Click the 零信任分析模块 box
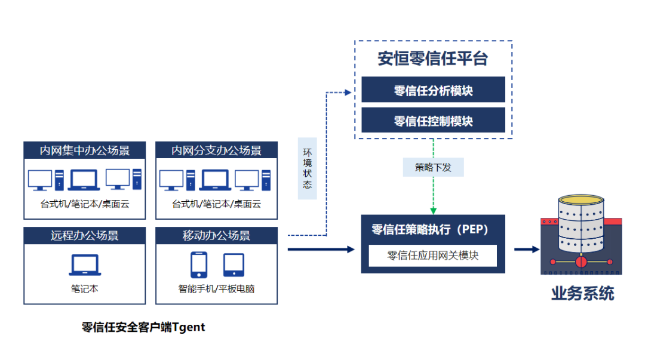[433, 90]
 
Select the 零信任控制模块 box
[433, 121]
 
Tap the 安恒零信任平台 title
[433, 59]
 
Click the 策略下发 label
[433, 167]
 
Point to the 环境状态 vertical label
[307, 168]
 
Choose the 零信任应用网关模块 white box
[433, 256]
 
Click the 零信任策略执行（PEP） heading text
[430, 230]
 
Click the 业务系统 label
[582, 293]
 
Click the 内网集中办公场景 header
[84, 150]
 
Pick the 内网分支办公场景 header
[216, 150]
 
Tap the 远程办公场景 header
[84, 235]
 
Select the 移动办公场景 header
[216, 235]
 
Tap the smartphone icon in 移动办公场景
[199, 265]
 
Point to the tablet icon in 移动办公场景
[234, 265]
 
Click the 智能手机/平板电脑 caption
[216, 289]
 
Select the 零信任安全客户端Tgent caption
[143, 327]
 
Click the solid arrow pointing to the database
[526, 249]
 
